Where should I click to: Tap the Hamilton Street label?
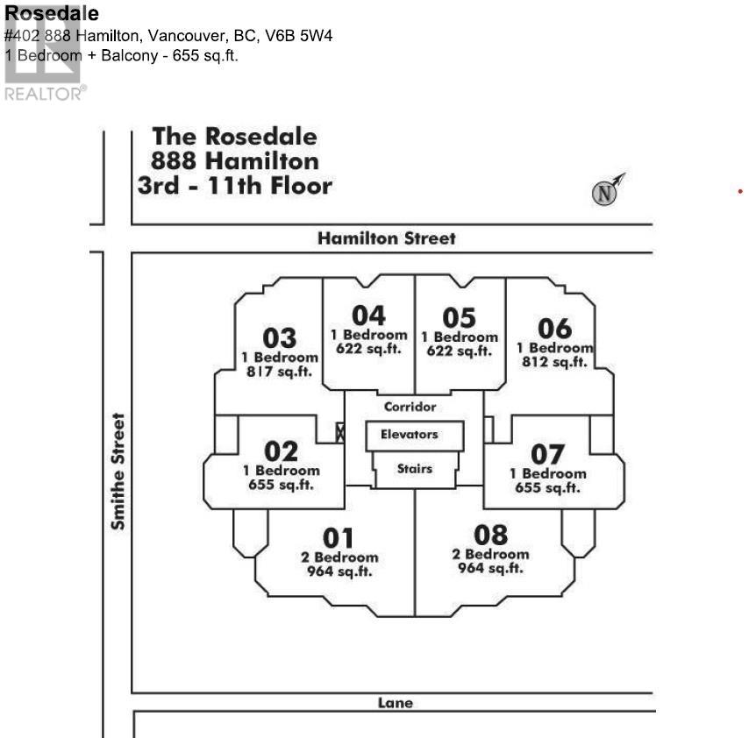pos(387,238)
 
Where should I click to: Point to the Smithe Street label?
pos(118,472)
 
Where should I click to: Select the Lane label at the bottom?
pos(395,703)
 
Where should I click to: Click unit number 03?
pos(280,338)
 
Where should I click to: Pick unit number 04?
pos(368,316)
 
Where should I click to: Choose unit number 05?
pos(459,317)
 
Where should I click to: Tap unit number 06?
pos(554,329)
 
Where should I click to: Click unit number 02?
pos(282,452)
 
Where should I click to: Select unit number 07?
pos(548,455)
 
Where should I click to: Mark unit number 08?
pos(490,535)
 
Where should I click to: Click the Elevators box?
pos(410,435)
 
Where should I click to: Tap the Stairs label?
pos(414,469)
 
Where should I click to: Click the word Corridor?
pos(410,407)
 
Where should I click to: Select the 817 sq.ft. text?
pos(280,371)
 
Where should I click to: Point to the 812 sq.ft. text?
pos(555,362)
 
